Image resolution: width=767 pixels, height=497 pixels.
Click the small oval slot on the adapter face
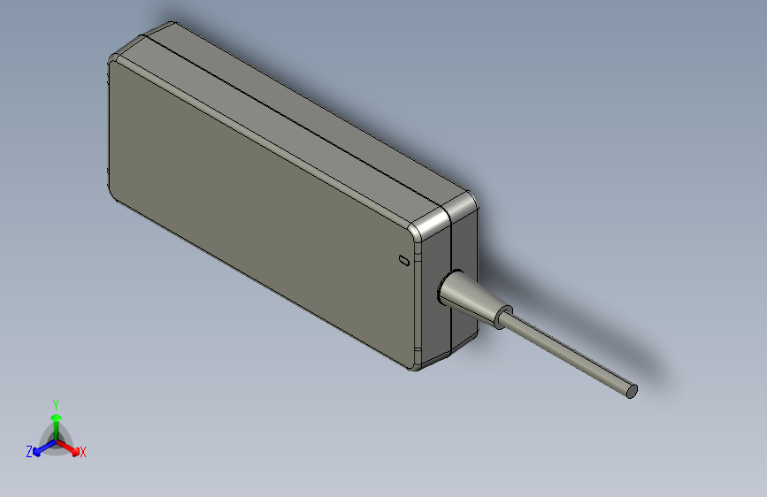coord(404,261)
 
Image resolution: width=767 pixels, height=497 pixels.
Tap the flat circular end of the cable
coord(632,391)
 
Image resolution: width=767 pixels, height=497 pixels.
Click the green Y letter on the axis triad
coord(56,404)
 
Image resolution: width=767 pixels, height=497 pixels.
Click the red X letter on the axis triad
coord(82,453)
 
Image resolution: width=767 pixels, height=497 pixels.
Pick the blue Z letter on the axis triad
coord(29,452)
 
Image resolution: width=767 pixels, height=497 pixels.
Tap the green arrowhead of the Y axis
coord(57,417)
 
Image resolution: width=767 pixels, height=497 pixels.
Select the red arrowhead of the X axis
coord(74,451)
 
